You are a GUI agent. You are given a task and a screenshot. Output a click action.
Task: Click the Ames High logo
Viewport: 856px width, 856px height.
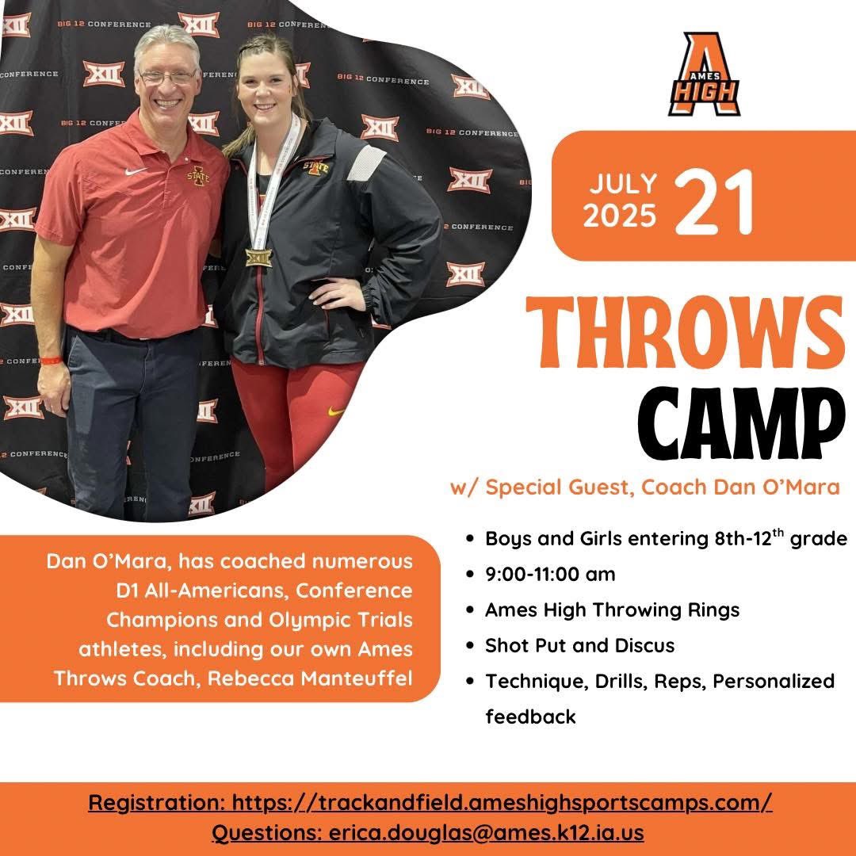pyautogui.click(x=704, y=75)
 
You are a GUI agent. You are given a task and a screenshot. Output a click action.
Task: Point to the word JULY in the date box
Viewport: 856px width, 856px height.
pyautogui.click(x=622, y=183)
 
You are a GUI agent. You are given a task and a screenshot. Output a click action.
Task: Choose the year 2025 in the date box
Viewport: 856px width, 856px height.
pyautogui.click(x=621, y=216)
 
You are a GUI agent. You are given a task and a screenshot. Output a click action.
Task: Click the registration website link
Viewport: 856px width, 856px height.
pyautogui.click(x=502, y=802)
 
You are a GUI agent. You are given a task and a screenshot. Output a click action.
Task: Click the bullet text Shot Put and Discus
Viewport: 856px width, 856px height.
pyautogui.click(x=579, y=645)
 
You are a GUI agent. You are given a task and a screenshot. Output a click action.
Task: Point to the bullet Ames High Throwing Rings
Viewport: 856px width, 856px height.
pyautogui.click(x=612, y=610)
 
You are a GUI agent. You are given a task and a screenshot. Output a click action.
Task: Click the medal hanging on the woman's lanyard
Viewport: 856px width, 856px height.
pyautogui.click(x=258, y=258)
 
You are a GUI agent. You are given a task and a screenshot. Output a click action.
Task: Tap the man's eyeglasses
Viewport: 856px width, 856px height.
pyautogui.click(x=167, y=77)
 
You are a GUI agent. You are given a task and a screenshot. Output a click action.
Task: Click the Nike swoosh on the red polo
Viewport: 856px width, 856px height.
pyautogui.click(x=136, y=171)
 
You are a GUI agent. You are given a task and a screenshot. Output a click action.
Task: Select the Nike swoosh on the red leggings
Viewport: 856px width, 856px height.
pyautogui.click(x=336, y=411)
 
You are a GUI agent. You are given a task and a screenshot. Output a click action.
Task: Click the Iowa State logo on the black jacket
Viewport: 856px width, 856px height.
pyautogui.click(x=315, y=166)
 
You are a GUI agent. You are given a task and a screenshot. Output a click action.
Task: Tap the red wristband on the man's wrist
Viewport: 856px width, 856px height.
pyautogui.click(x=51, y=361)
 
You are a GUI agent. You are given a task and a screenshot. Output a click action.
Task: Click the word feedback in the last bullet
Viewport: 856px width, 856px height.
pyautogui.click(x=530, y=717)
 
